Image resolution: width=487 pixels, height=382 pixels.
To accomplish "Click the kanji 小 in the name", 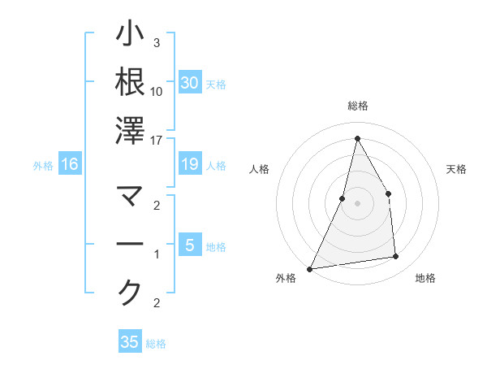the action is [x=131, y=35].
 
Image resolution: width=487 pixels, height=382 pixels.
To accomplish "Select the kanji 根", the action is [x=131, y=82].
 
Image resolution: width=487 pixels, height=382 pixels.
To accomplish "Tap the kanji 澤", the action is [x=131, y=131].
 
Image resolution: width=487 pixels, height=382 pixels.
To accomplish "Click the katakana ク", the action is [x=131, y=293].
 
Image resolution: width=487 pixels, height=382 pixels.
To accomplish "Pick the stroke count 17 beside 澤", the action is [x=157, y=139].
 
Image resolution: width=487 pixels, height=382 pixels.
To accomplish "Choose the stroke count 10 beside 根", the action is [x=157, y=91].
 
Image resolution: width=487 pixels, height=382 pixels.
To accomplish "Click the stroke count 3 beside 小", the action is [x=157, y=42].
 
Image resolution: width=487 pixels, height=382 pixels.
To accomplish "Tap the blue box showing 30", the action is [x=189, y=83].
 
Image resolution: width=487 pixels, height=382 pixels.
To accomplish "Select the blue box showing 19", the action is [x=189, y=165].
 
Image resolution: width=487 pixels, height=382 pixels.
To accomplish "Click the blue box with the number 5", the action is [x=189, y=245].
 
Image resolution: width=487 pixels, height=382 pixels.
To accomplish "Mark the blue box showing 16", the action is [x=70, y=165].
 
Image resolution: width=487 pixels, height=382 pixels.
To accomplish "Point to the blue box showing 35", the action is [x=130, y=342].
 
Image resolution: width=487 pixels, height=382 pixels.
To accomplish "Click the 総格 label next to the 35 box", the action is [x=156, y=344].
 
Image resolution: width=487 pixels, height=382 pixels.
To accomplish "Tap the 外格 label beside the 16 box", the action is [x=43, y=166].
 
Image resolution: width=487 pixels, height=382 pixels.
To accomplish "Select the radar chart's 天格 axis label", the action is [x=457, y=169].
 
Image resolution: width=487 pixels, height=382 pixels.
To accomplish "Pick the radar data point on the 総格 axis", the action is [x=357, y=138].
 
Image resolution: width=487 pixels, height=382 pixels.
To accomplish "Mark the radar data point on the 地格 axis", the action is [x=396, y=257].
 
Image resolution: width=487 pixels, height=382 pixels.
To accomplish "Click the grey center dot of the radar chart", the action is [x=357, y=203].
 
